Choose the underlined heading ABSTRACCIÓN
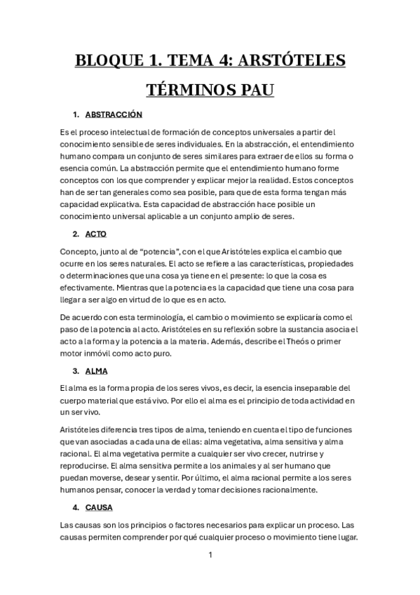pyautogui.click(x=114, y=114)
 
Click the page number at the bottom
pyautogui.click(x=210, y=555)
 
